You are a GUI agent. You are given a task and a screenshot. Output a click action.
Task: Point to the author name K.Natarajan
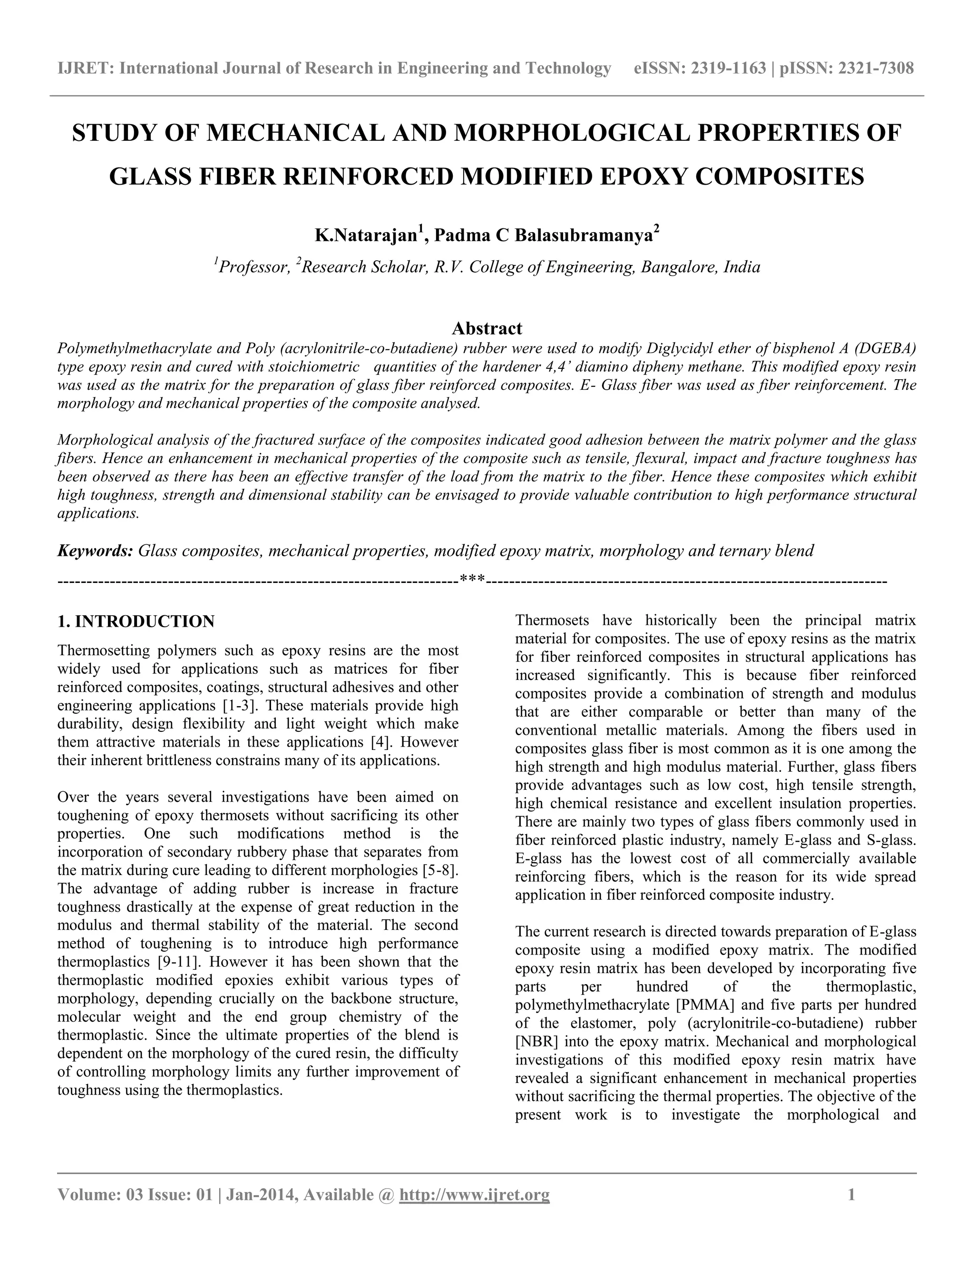[x=366, y=236]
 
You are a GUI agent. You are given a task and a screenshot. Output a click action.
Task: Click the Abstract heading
[x=487, y=328]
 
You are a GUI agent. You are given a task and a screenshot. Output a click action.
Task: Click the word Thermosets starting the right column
[x=552, y=621]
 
